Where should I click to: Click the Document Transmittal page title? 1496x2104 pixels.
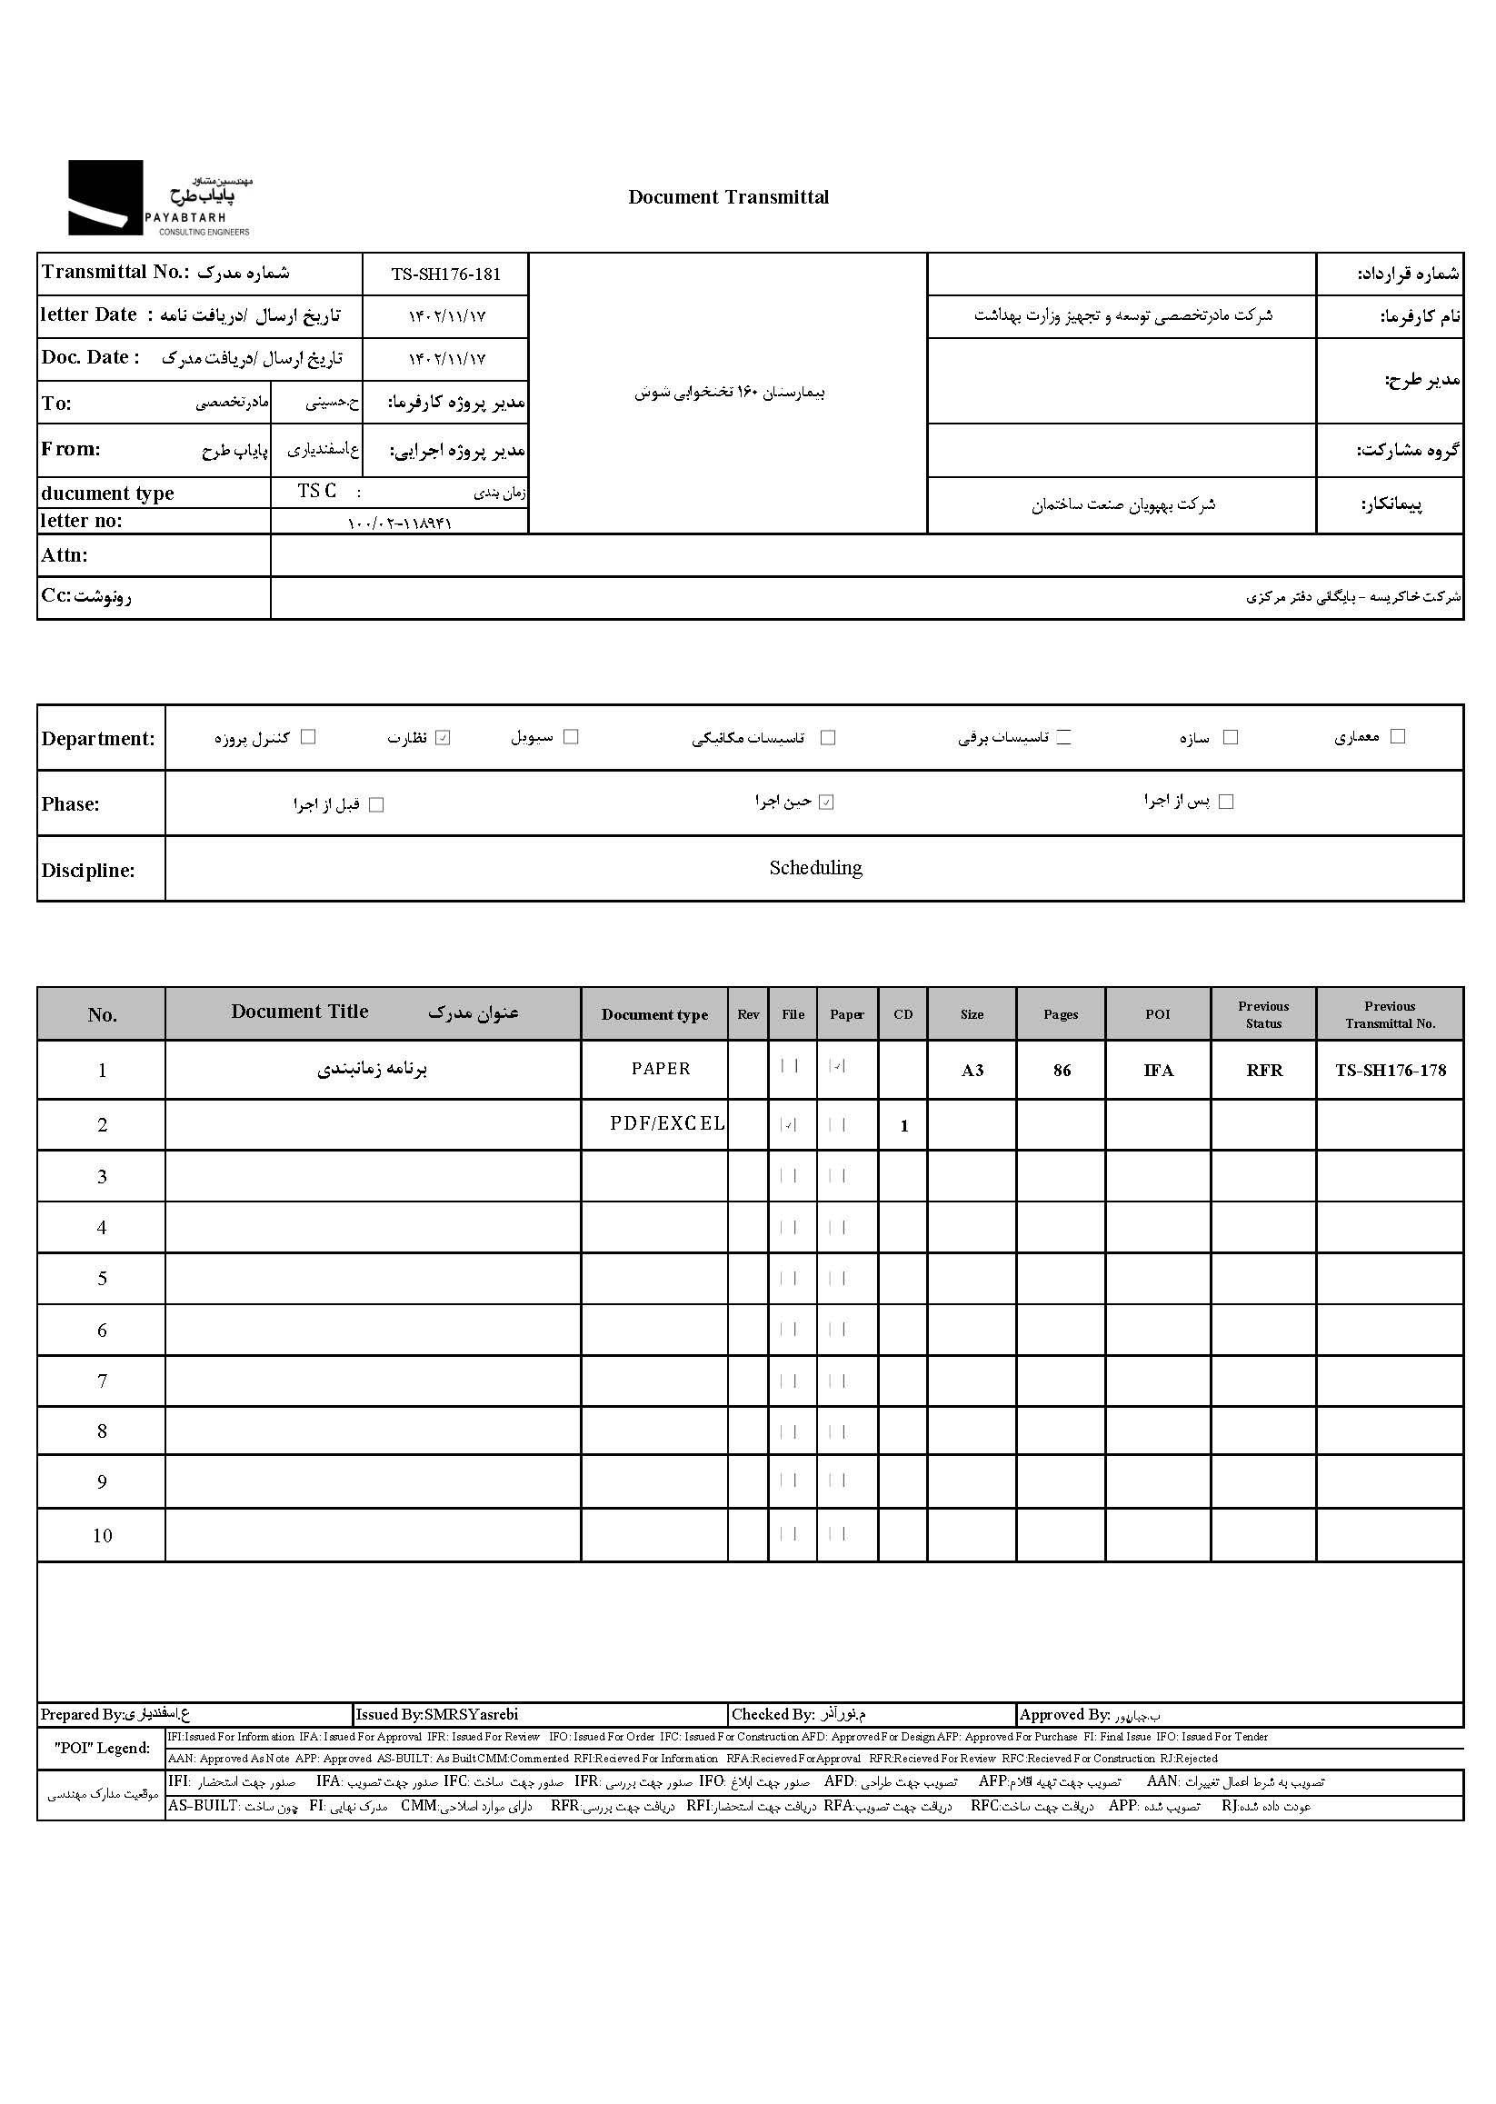(x=728, y=197)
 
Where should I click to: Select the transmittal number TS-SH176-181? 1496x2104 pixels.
(x=446, y=274)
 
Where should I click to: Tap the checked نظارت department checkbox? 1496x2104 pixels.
(x=443, y=738)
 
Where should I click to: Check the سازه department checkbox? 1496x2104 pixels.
(x=1230, y=737)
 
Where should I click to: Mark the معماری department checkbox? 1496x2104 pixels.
(x=1398, y=736)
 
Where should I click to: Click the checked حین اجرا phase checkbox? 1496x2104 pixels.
(x=826, y=803)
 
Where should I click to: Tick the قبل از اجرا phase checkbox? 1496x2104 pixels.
(x=376, y=805)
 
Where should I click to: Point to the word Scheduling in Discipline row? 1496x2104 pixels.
(x=815, y=868)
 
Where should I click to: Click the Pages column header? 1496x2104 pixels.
(x=1061, y=1014)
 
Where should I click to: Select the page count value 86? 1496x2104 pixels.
(x=1062, y=1071)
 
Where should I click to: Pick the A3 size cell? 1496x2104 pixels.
(x=972, y=1071)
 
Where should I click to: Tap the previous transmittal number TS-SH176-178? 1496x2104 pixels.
(x=1390, y=1071)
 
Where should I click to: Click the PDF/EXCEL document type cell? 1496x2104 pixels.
(x=667, y=1124)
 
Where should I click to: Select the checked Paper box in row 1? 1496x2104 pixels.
(x=837, y=1067)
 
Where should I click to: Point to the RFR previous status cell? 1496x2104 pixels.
(x=1264, y=1071)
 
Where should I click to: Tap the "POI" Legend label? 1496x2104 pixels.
(x=101, y=1749)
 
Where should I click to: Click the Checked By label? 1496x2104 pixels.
(x=773, y=1714)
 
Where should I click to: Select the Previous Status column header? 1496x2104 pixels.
(x=1263, y=1014)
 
